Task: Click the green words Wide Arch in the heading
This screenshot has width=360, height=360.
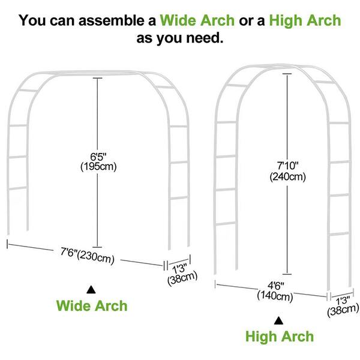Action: pos(197,20)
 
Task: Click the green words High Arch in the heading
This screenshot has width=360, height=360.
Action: pos(305,20)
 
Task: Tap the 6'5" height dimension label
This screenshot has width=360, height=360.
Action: pos(98,157)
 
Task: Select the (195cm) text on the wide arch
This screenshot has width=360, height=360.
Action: pos(98,166)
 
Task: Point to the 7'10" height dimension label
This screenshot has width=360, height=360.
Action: pos(287,166)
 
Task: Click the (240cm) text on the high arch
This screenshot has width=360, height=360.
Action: pos(287,177)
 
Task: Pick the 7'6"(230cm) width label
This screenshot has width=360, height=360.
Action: pos(88,256)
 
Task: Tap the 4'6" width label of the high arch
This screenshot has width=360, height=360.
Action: pos(276,286)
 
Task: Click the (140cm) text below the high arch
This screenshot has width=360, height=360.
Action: pos(275,296)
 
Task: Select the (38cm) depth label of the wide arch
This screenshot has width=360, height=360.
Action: pos(182,278)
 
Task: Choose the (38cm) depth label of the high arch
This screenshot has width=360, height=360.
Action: pos(343,310)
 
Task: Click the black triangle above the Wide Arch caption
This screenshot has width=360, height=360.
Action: pos(91,290)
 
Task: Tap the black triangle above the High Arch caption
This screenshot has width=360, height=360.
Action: pos(278,320)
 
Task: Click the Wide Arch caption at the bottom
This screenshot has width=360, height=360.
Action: pos(92,305)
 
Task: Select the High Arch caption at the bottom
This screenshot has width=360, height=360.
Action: pos(280,337)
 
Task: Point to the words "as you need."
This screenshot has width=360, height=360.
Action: pos(180,38)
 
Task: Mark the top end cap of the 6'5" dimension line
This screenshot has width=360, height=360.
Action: pos(97,78)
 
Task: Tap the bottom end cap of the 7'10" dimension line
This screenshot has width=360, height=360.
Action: pos(287,274)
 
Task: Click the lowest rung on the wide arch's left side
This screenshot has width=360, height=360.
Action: pos(17,188)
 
